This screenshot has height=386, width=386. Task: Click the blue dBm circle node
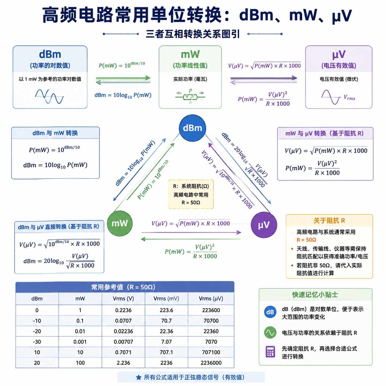point(192,128)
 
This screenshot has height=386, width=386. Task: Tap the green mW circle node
point(119,223)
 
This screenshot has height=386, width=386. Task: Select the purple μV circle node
point(264,225)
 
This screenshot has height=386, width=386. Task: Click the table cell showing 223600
point(211,310)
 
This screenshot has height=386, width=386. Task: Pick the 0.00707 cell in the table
point(123,342)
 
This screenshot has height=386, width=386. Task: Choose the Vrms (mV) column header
point(166,299)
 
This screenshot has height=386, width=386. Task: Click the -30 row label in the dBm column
point(37,342)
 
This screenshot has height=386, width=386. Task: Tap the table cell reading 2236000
point(211,363)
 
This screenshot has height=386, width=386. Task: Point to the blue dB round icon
point(270,312)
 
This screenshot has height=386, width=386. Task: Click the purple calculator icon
point(270,352)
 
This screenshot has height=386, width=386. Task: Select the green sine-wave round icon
point(270,333)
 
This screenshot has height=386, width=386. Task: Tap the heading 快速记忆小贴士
point(315,295)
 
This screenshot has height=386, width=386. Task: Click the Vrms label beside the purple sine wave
point(349,98)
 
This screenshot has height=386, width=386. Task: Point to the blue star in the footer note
point(139,377)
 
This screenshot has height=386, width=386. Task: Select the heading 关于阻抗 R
point(329,220)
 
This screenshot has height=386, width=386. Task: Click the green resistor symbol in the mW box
point(190,97)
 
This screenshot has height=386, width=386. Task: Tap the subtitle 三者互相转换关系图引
point(192,34)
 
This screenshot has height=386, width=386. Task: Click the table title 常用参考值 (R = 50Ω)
point(123,287)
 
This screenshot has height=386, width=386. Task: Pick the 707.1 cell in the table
point(166,352)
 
